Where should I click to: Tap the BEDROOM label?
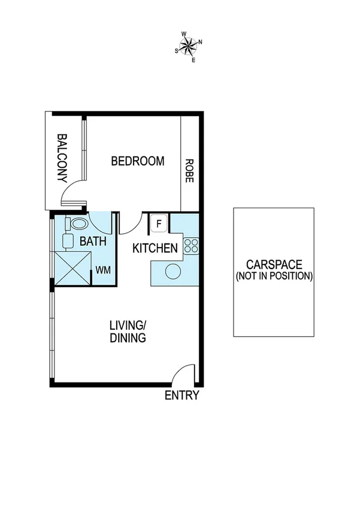[x=138, y=161]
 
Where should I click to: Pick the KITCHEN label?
[x=155, y=248]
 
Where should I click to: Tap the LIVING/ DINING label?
[x=128, y=332]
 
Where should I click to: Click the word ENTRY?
[x=181, y=396]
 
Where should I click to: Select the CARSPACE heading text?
[x=274, y=264]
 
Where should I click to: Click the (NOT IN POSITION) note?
[x=274, y=276]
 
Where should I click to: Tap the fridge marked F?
[x=158, y=224]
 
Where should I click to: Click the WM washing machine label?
[x=102, y=270]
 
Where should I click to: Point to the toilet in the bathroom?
[x=77, y=224]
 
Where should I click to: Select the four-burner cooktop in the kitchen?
[x=191, y=245]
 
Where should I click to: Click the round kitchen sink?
[x=173, y=271]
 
